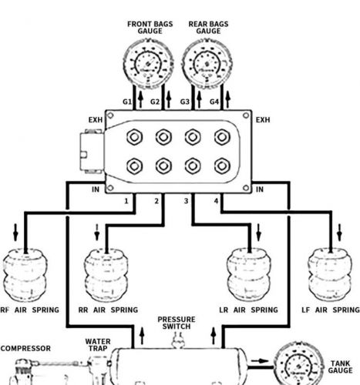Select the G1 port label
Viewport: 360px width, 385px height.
(x=128, y=102)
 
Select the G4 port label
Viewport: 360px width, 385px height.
(x=215, y=102)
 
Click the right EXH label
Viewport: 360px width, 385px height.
(x=263, y=120)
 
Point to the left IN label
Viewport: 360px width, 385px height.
(x=95, y=189)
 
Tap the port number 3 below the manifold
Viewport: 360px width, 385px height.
(x=186, y=201)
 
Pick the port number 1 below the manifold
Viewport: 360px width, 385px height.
(x=126, y=201)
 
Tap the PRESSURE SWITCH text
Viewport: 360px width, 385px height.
(x=177, y=323)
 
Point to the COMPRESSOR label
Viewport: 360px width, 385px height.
(x=25, y=348)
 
